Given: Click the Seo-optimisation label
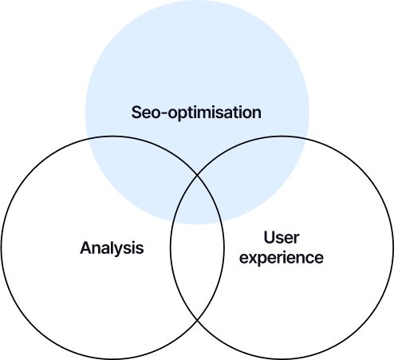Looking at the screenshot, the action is pos(196,113).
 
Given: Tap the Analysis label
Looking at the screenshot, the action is pos(112,248).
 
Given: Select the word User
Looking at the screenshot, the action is pos(282,237).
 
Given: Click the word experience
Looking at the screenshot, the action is pos(282,258).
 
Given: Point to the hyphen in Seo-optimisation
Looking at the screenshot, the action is pos(164,114).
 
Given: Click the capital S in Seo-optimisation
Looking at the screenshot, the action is pos(137,112).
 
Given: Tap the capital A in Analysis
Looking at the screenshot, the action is pos(86,247).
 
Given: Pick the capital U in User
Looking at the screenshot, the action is pos(269,237).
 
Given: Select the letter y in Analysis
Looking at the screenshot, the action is pos(120,251).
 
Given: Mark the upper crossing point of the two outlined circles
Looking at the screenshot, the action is pos(197,176).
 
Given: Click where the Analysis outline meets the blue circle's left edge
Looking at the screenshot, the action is pos(88,138).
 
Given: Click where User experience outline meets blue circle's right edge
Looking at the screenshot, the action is pos(306,138).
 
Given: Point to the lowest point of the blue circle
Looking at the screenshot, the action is pos(197,224).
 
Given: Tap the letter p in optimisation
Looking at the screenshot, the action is pos(183,115).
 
